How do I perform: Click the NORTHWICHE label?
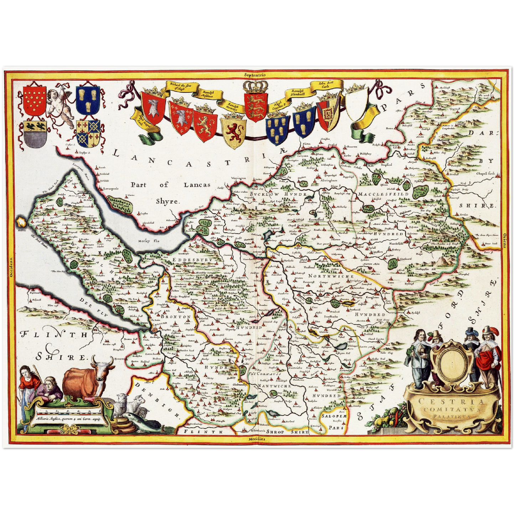[331, 276]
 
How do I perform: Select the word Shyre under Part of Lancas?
[166, 201]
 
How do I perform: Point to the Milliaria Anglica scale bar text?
[67, 419]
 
